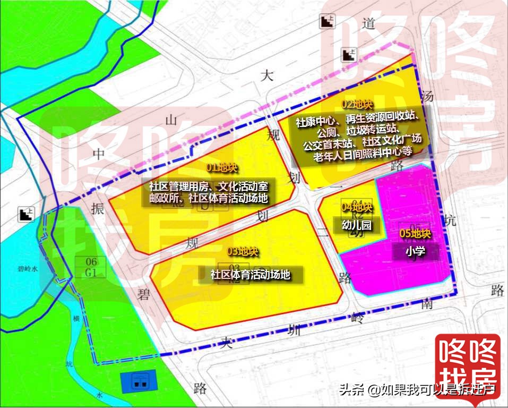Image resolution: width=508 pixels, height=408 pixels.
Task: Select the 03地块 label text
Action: coord(243,251)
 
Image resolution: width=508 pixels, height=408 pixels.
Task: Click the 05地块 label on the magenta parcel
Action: coord(415,234)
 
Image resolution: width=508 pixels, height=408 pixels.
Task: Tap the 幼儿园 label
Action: coord(356,225)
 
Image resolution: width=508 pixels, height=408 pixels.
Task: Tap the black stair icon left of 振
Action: coord(25,215)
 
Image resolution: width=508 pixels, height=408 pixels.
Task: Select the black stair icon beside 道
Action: coord(326,22)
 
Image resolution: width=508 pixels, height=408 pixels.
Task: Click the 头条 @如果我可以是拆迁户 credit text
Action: coord(417,390)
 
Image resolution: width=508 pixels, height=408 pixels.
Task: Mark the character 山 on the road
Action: coord(171,121)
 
